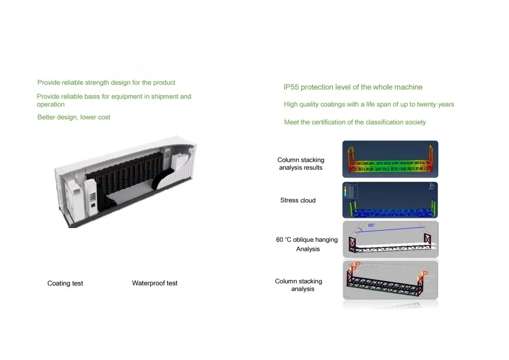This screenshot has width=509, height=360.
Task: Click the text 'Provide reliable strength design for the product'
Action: click(106, 82)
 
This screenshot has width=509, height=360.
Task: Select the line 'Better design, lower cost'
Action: click(74, 117)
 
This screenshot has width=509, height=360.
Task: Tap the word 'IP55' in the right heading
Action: click(291, 87)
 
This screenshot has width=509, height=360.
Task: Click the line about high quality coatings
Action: click(369, 104)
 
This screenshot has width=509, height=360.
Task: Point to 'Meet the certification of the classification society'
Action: click(355, 122)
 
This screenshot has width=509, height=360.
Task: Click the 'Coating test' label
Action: click(65, 283)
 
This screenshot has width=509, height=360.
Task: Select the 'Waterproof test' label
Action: click(155, 283)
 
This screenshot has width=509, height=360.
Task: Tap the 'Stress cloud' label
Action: click(298, 201)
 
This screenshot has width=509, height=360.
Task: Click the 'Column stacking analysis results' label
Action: click(300, 163)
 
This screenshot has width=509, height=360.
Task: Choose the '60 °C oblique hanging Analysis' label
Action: click(307, 244)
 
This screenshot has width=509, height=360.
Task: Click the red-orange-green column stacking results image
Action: click(390, 159)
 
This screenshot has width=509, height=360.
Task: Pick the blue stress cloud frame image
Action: click(390, 200)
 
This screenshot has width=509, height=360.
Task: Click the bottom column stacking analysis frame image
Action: click(390, 281)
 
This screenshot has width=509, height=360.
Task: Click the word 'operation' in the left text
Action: click(50, 104)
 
